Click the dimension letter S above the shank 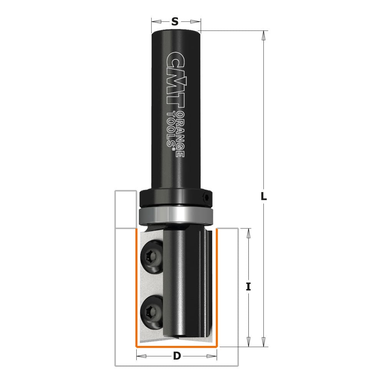[175, 22]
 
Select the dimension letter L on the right [263, 197]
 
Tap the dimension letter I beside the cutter [248, 286]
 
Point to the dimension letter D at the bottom [177, 356]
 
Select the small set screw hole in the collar [206, 199]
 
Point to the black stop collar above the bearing [175, 198]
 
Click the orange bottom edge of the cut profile [177, 346]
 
